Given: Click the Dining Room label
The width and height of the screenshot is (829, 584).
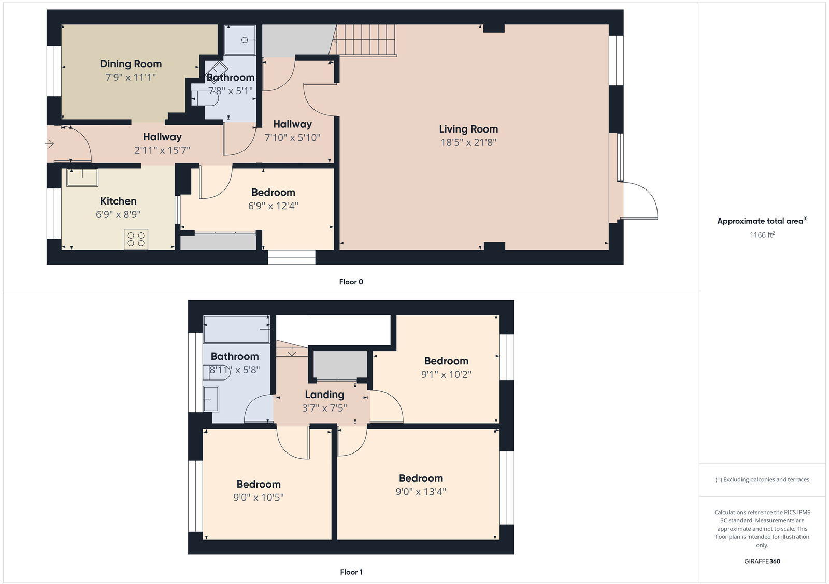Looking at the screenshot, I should (131, 64).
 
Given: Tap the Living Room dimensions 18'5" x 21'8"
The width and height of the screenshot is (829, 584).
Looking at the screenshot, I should (468, 142).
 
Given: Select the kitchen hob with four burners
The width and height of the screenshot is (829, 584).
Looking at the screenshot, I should (136, 239).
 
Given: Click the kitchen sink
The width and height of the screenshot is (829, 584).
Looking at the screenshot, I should (82, 177).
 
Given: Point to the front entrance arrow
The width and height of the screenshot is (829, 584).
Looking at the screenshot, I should (50, 144).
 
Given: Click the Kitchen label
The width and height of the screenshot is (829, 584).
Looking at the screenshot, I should (118, 201).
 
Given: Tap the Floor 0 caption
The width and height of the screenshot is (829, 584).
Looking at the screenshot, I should (351, 282).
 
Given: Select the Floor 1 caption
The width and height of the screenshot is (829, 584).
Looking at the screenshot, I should (351, 572).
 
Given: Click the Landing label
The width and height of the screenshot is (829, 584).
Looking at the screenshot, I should (324, 395).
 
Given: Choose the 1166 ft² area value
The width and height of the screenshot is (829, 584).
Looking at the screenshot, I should (762, 235).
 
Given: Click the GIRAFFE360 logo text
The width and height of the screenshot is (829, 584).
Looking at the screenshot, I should (762, 561).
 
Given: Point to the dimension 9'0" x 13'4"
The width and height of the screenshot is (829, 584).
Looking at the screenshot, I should (421, 492).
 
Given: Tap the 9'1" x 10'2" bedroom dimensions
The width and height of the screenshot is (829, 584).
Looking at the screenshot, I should (446, 374).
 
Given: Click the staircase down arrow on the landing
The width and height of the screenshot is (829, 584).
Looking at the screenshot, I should (292, 352).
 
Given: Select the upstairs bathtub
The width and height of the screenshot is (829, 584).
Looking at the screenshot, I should (236, 329).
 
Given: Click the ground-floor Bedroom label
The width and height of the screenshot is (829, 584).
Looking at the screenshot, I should (273, 193).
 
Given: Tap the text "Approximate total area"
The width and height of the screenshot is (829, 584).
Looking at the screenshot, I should (760, 221).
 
